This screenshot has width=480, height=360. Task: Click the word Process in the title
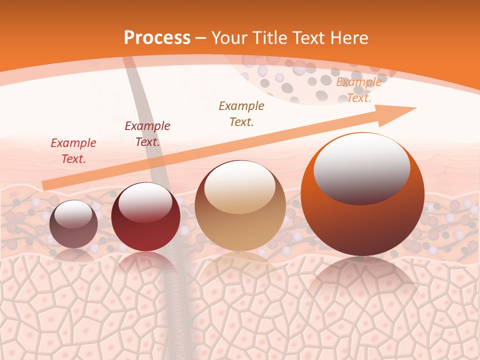(157, 38)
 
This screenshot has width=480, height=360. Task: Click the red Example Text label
(73, 150)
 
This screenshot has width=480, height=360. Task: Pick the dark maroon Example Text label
(147, 133)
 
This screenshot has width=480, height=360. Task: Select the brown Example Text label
(241, 113)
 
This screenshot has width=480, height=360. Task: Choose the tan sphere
(240, 220)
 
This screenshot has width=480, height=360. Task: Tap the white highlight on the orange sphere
(361, 167)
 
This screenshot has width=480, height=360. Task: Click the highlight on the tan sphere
(239, 186)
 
